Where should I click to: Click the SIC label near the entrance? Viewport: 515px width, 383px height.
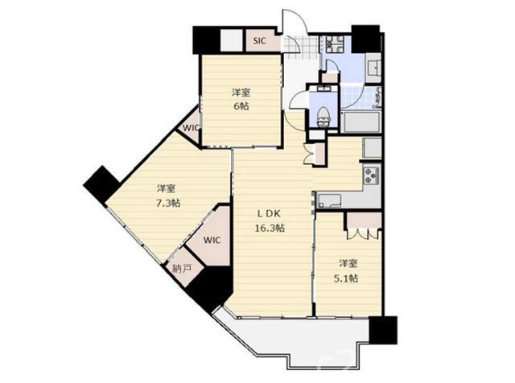(259, 41)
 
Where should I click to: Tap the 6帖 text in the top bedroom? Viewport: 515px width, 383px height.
(241, 105)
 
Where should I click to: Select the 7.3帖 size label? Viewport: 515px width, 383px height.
(168, 203)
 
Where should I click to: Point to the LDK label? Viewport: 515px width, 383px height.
(269, 214)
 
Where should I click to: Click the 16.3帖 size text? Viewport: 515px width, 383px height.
(270, 228)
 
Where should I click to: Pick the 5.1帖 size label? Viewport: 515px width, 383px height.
(346, 278)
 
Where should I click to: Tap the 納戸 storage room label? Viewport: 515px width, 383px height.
(182, 270)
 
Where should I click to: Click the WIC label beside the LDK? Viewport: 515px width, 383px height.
(212, 240)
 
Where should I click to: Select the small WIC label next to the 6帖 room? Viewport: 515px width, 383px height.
(191, 127)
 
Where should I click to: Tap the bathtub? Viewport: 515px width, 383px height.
(360, 122)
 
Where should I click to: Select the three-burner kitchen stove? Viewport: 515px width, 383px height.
(372, 175)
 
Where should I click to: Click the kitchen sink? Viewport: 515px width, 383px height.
(329, 200)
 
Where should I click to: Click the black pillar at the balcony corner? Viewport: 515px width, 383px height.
(383, 330)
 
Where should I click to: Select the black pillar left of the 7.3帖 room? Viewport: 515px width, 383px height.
(101, 184)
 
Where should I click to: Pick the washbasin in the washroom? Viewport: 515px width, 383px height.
(373, 68)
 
